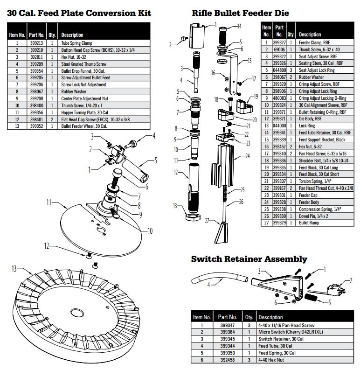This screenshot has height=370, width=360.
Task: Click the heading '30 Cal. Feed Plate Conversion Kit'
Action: (79, 13)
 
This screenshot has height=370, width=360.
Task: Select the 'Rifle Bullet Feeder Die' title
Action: (240, 13)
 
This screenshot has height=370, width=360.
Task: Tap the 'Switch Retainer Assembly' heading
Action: (249, 258)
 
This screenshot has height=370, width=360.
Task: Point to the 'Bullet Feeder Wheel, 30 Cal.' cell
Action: (84, 126)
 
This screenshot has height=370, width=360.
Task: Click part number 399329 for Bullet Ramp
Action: (279, 223)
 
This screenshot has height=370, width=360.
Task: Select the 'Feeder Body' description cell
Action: (310, 202)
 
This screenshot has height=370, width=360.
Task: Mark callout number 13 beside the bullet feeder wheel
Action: (14, 268)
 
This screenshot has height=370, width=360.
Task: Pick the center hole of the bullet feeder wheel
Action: (76, 312)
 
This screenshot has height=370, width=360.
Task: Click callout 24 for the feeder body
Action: (248, 156)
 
